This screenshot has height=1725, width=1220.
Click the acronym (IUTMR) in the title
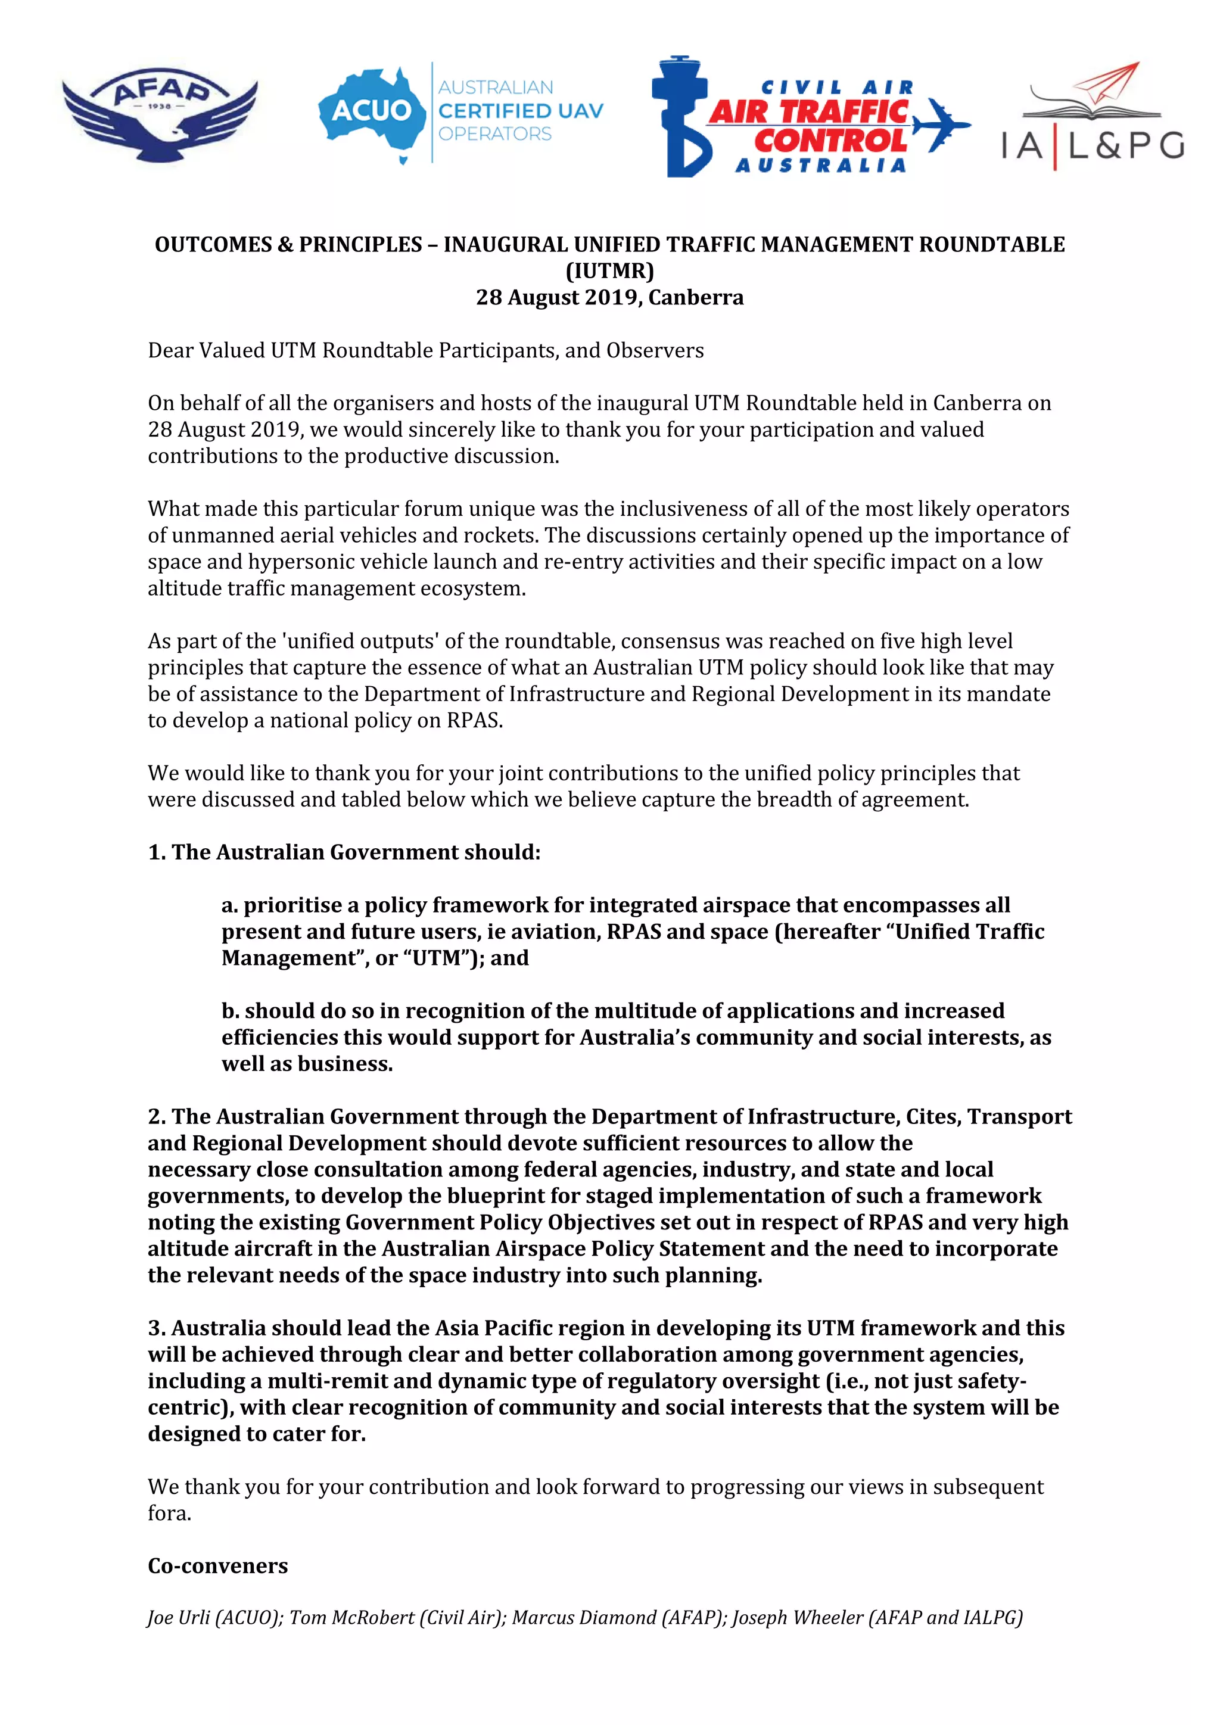coord(609,270)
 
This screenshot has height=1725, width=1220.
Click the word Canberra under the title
coord(696,297)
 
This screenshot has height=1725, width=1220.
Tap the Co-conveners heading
coord(218,1566)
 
